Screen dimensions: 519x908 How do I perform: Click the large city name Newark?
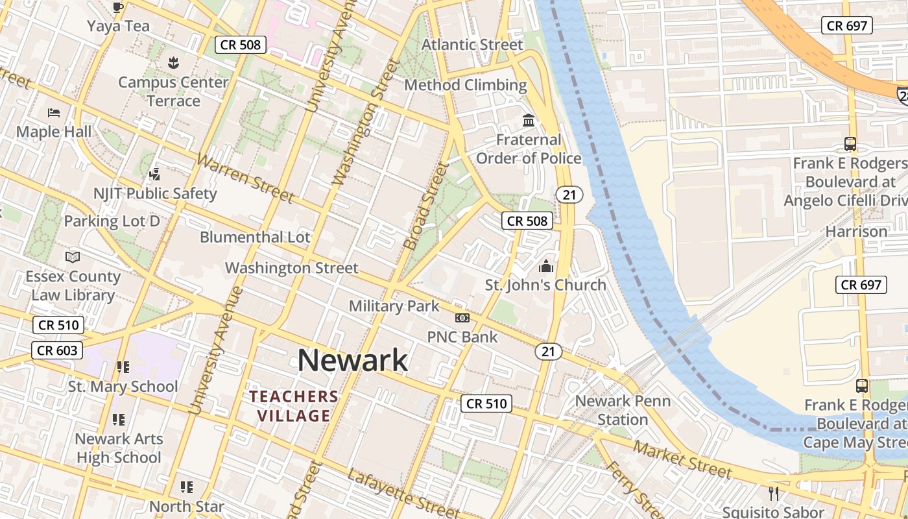click(353, 360)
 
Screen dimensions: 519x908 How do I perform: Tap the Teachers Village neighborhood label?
click(294, 406)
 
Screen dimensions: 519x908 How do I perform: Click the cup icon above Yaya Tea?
click(117, 8)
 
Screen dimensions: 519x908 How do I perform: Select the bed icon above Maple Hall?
click(54, 113)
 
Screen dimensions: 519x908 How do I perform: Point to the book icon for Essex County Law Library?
click(73, 257)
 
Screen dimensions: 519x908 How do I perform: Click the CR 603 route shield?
click(58, 351)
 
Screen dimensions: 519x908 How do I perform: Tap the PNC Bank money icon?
click(462, 318)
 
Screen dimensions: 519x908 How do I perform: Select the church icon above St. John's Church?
click(546, 266)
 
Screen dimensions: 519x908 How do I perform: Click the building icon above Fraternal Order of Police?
click(529, 121)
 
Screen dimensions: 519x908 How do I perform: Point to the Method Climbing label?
click(465, 85)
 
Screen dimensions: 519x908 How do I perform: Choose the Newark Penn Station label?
click(623, 410)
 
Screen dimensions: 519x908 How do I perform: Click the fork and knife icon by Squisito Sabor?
click(774, 493)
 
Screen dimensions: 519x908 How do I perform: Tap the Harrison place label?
click(855, 232)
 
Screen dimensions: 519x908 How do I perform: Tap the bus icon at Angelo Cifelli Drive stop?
click(850, 144)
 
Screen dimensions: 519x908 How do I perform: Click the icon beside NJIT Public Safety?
click(154, 174)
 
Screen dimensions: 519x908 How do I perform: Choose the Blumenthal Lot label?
click(255, 237)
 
